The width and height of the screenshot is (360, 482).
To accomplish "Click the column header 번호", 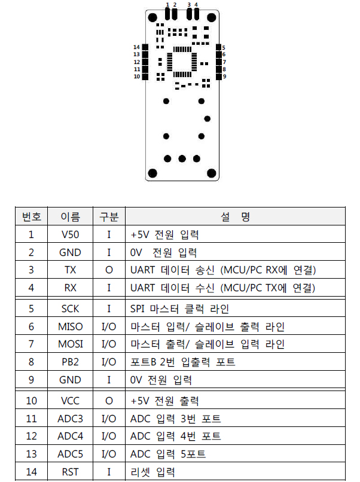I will [x=31, y=216].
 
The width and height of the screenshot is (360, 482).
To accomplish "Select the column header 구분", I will [x=109, y=216].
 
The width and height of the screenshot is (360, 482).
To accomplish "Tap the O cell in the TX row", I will [x=109, y=270].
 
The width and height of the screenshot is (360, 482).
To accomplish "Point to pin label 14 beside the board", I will [x=136, y=47].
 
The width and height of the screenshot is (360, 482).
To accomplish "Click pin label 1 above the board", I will [x=167, y=4].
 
